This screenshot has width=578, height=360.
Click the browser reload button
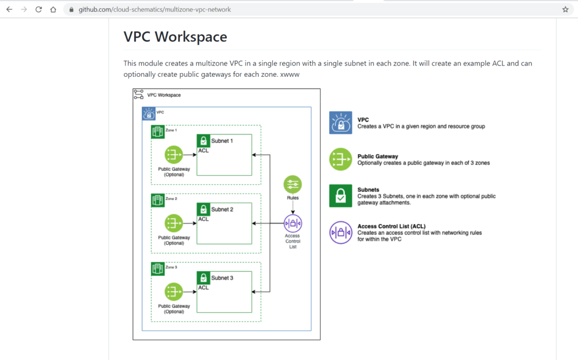(38, 10)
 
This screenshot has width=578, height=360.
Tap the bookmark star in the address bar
(565, 10)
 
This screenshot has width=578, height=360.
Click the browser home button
(53, 10)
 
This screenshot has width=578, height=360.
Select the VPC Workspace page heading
(175, 37)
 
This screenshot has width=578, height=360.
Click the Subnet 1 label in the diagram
(222, 141)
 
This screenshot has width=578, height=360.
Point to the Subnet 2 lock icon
(203, 209)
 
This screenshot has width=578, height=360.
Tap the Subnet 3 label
(222, 278)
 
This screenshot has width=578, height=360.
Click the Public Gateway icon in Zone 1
(173, 155)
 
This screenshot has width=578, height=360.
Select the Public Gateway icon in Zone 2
(173, 223)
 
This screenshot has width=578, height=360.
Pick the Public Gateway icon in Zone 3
(173, 292)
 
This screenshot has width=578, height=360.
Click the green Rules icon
(292, 185)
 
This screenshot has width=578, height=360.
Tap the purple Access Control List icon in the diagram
(292, 223)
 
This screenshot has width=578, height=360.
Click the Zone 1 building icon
(157, 132)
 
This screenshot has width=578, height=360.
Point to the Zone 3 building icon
(157, 269)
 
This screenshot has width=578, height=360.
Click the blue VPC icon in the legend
(341, 123)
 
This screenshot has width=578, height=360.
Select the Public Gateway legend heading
(377, 157)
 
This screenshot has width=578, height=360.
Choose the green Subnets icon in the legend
(341, 196)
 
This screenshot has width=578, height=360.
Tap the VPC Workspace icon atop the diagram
(139, 95)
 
